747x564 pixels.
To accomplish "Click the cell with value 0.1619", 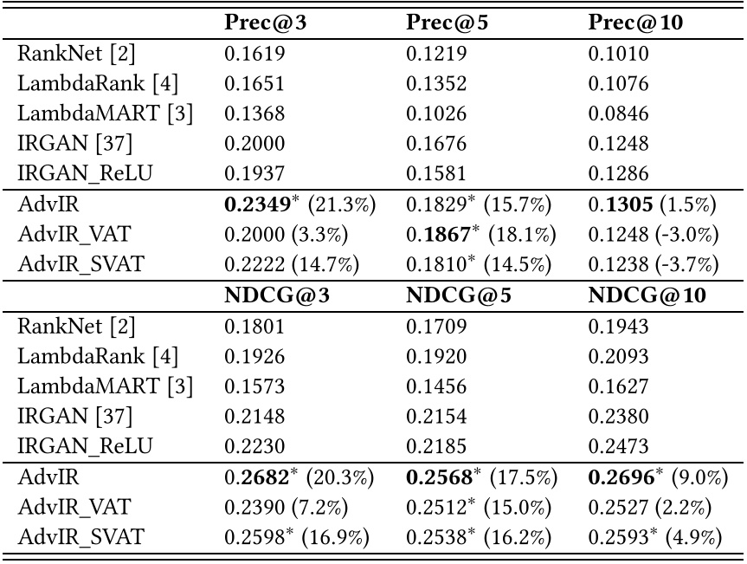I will tap(249, 55).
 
